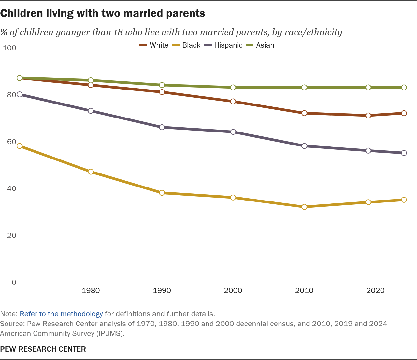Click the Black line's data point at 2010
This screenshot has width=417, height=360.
click(x=304, y=207)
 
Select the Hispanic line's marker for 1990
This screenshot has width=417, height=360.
click(x=162, y=127)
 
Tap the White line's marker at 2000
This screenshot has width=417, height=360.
click(x=233, y=101)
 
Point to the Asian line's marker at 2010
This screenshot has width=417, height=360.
click(x=304, y=87)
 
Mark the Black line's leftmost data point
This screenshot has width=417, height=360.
click(x=20, y=146)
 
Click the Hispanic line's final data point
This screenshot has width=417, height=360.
click(x=404, y=153)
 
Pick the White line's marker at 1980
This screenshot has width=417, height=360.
click(x=91, y=85)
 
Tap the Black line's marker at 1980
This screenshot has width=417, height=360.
click(x=91, y=172)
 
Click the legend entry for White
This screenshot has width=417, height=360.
click(x=154, y=45)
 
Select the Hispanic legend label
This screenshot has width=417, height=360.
click(x=228, y=45)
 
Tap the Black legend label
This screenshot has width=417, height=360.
click(x=191, y=45)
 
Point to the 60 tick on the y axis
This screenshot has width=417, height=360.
click(x=11, y=142)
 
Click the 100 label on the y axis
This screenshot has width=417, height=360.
click(x=9, y=48)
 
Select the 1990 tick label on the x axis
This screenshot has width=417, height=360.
click(x=162, y=290)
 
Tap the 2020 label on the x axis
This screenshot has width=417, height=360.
click(x=375, y=290)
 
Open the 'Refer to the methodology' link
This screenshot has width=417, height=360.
click(x=61, y=314)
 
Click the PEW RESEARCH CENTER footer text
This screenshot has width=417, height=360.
click(x=43, y=349)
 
